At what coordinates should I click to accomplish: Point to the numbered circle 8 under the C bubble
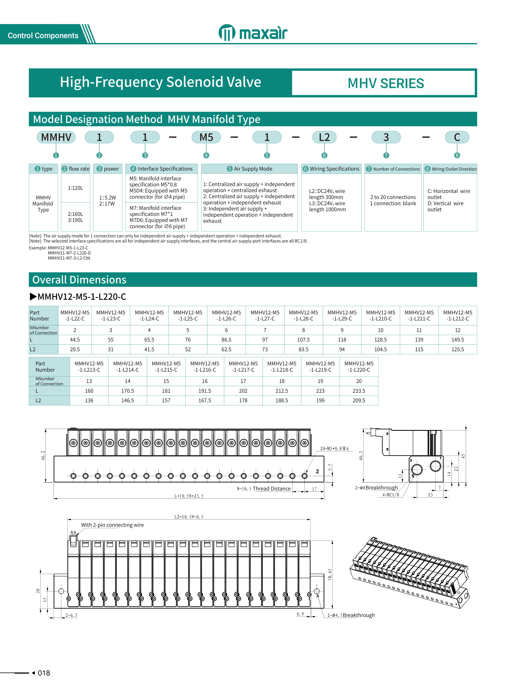click(x=457, y=155)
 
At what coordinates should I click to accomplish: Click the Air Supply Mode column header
click(x=249, y=169)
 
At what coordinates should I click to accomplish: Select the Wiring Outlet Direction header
click(x=450, y=169)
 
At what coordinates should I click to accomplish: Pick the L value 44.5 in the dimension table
click(x=75, y=340)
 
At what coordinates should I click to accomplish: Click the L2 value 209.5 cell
click(x=359, y=400)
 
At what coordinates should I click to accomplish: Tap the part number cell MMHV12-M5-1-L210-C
click(x=380, y=315)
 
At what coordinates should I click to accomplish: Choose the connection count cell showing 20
click(x=359, y=381)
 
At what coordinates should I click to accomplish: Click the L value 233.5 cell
click(x=359, y=391)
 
